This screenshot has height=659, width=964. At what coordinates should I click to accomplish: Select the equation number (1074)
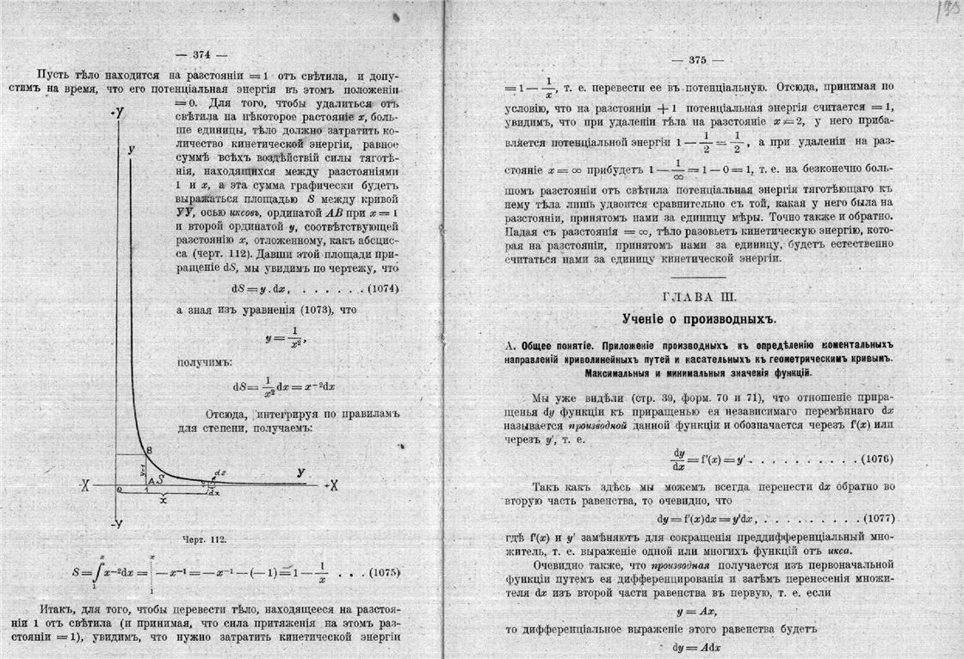coord(376,288)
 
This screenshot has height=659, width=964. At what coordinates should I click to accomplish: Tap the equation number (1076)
coord(875,460)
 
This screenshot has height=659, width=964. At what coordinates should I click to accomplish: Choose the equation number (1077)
coord(875,520)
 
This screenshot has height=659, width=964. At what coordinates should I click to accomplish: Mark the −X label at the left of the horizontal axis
coord(84,485)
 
